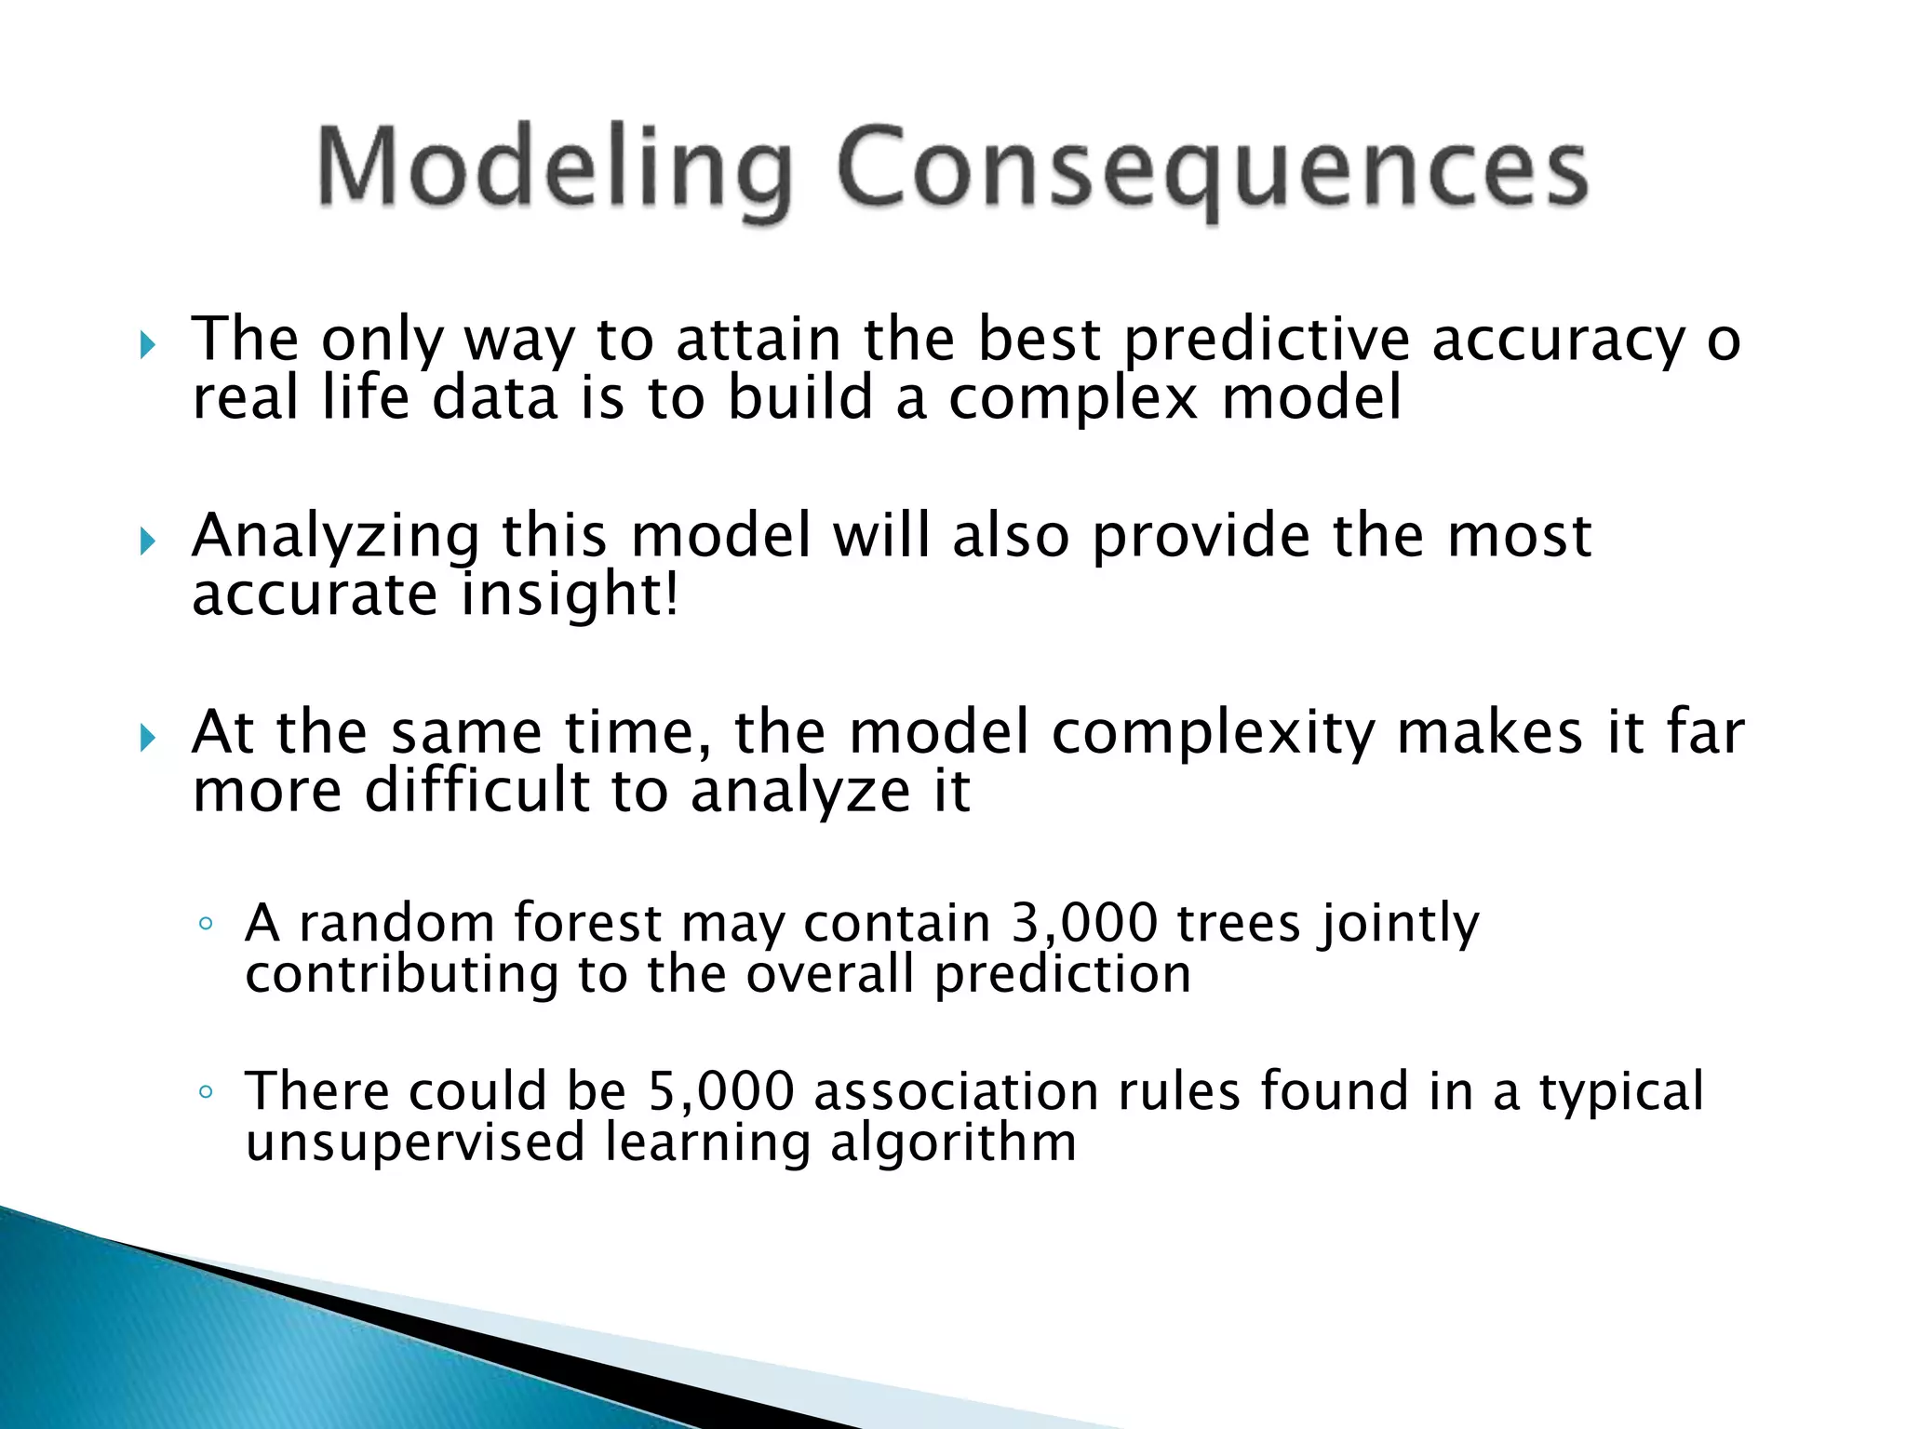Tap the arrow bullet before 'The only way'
(x=147, y=346)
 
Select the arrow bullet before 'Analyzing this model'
(x=147, y=541)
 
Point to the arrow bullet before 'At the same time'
(x=147, y=739)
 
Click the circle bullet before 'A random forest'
(x=207, y=925)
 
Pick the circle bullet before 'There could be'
(x=207, y=1092)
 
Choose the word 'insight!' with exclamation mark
(x=570, y=595)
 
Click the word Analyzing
(x=336, y=538)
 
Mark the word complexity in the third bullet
(x=1213, y=735)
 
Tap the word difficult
(x=477, y=793)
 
